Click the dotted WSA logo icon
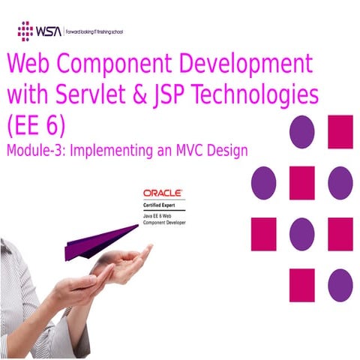pyautogui.click(x=25, y=31)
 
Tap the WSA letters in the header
pyautogui.click(x=49, y=31)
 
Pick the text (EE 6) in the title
pyautogui.click(x=35, y=125)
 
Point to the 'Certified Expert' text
pyautogui.click(x=160, y=205)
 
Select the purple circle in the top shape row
pyautogui.click(x=301, y=132)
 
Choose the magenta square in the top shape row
pyautogui.click(x=340, y=132)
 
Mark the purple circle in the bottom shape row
pyautogui.click(x=340, y=285)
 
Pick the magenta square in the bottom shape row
pyautogui.click(x=301, y=285)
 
